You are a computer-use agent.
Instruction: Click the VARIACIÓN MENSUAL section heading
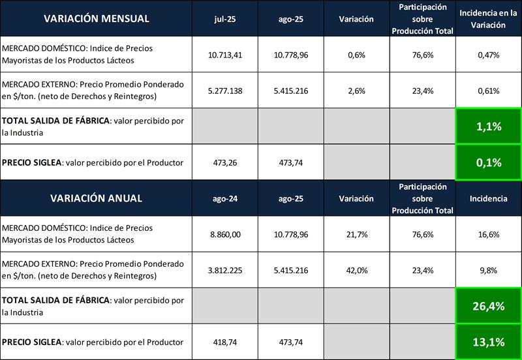click(96, 18)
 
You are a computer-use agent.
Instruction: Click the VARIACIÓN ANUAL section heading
click(96, 198)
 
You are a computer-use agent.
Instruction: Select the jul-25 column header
click(224, 19)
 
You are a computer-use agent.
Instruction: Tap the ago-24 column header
click(224, 198)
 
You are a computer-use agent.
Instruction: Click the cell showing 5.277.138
click(224, 91)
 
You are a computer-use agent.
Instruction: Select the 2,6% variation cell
click(356, 91)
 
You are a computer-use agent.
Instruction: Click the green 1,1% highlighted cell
click(488, 127)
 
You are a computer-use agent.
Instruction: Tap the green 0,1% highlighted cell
click(488, 162)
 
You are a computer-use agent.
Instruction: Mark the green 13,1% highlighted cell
click(488, 342)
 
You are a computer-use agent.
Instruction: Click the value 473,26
click(224, 162)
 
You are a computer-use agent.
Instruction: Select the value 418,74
click(224, 342)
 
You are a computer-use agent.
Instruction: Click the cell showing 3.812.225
click(224, 270)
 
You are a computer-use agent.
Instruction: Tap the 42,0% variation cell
click(356, 270)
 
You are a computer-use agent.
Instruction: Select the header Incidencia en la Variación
click(488, 19)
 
